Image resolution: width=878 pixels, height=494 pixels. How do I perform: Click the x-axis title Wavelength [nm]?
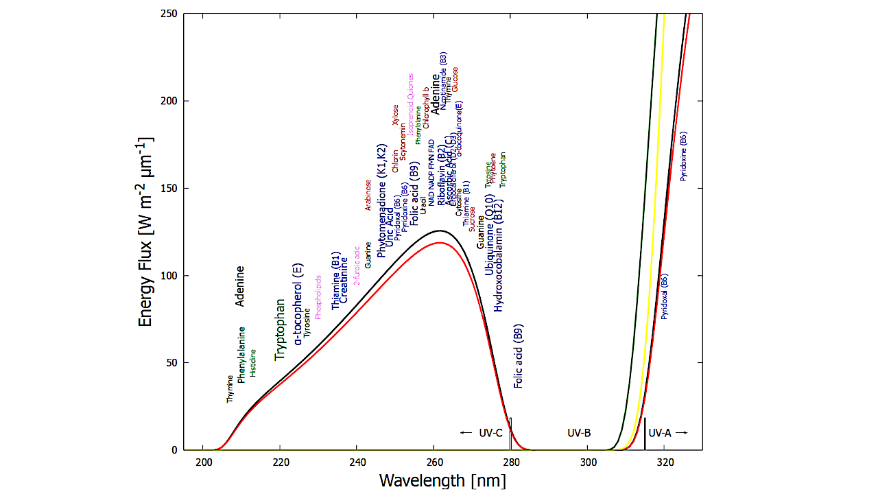click(x=442, y=480)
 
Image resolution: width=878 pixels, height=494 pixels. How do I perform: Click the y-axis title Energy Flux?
click(x=145, y=231)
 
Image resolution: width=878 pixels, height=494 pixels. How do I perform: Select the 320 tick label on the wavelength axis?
click(x=664, y=462)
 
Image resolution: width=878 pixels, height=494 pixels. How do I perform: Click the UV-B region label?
click(x=579, y=433)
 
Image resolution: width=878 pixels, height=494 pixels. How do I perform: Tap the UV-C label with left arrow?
click(x=482, y=433)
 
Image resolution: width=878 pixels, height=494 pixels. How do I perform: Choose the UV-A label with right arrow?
click(x=667, y=433)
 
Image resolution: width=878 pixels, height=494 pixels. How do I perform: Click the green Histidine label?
click(x=252, y=363)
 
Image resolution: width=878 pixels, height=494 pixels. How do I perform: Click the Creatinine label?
click(x=344, y=280)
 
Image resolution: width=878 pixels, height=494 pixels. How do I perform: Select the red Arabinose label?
click(x=368, y=195)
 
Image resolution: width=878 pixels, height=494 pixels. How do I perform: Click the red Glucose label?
click(x=455, y=80)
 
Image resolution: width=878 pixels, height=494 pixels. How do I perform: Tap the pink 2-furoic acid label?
click(x=357, y=266)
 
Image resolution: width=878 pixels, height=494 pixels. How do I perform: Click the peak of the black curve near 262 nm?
click(x=440, y=231)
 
